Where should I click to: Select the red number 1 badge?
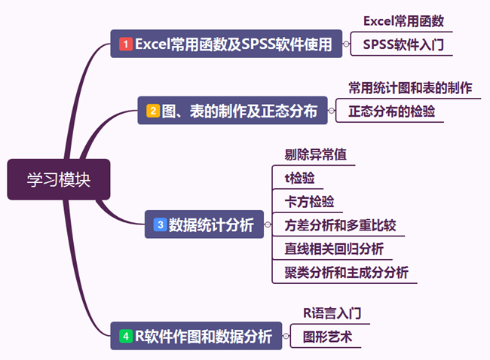click(x=126, y=44)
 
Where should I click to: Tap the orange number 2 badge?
click(x=153, y=111)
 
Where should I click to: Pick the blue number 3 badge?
click(x=160, y=224)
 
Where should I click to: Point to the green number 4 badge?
click(x=125, y=336)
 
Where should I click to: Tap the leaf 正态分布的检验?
click(x=391, y=111)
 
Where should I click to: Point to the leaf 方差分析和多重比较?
click(x=340, y=224)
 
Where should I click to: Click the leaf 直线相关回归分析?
click(x=334, y=248)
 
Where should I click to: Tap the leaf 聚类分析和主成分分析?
click(x=346, y=271)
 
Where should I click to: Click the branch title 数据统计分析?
click(x=211, y=224)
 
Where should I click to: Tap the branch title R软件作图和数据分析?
click(x=203, y=336)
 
